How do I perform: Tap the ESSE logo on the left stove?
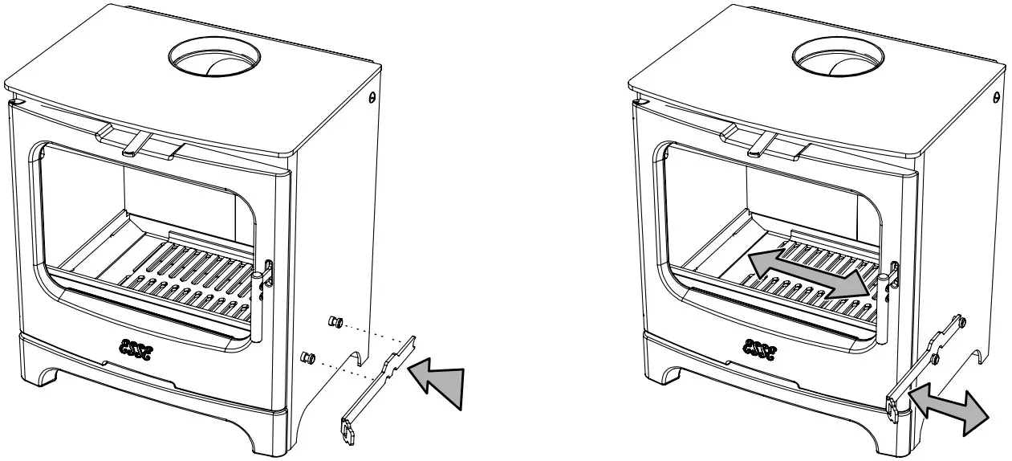click(x=139, y=346)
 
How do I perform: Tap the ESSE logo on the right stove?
click(x=762, y=346)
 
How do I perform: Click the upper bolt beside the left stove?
click(x=336, y=322)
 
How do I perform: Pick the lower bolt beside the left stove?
click(x=308, y=356)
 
